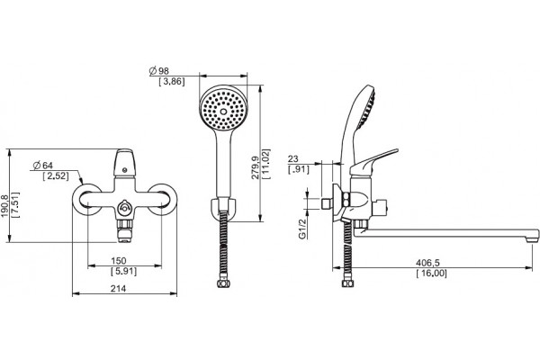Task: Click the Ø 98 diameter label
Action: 159,71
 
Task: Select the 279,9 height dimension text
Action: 256,167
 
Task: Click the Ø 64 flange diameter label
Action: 42,166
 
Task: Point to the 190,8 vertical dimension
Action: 4,206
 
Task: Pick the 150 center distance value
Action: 119,261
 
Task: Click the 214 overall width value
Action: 118,289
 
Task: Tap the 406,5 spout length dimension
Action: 427,263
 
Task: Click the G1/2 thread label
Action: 302,229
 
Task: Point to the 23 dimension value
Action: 293,159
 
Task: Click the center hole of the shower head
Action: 223,112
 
